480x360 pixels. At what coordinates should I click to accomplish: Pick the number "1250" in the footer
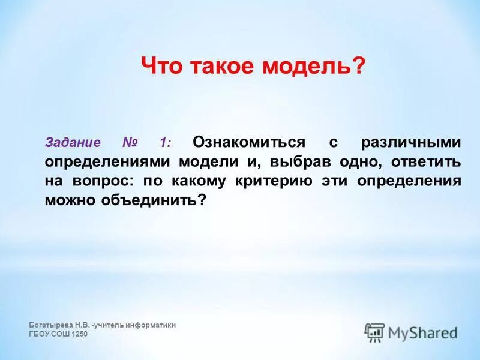click(x=80, y=334)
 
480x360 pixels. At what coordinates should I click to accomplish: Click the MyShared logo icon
click(x=374, y=332)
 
